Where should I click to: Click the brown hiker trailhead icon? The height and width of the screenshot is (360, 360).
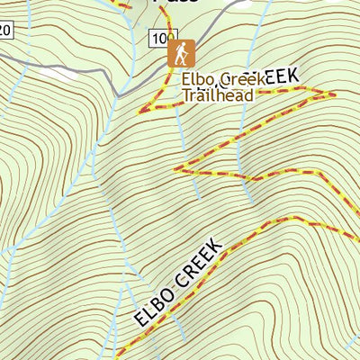[x=180, y=53]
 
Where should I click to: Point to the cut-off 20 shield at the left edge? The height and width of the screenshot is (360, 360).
[x=4, y=31]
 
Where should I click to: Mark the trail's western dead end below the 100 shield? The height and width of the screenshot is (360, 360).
[x=139, y=112]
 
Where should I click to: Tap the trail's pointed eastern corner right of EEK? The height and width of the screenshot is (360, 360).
[x=333, y=93]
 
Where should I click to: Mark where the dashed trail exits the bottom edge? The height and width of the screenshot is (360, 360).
[x=117, y=357]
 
